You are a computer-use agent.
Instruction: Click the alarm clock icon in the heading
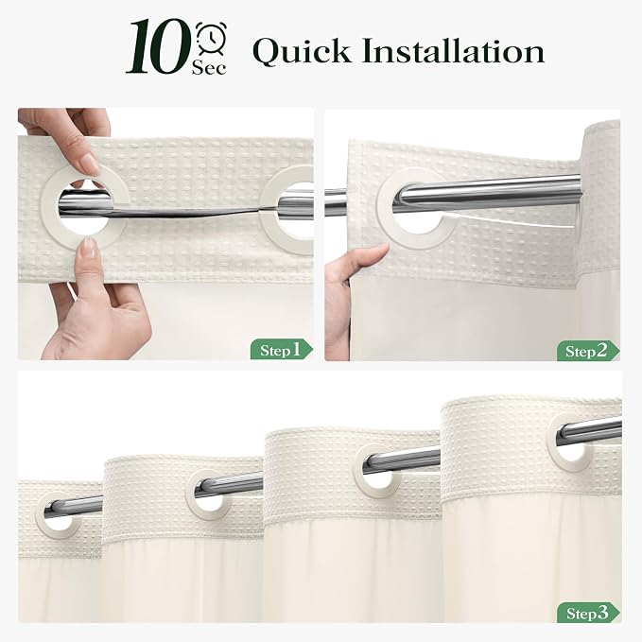pos(211,38)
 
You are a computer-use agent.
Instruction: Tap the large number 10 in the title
pos(159,46)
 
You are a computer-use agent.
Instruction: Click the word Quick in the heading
pos(302,52)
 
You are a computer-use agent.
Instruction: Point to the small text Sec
pos(209,67)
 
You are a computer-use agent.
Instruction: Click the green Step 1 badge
pos(281,349)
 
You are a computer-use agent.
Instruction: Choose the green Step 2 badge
pos(588,351)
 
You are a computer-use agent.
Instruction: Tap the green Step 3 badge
pos(588,613)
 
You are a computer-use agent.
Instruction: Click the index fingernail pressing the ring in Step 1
pos(90,165)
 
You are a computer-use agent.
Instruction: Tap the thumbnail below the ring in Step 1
pos(88,248)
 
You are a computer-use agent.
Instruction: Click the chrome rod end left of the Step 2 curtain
pos(336,202)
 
